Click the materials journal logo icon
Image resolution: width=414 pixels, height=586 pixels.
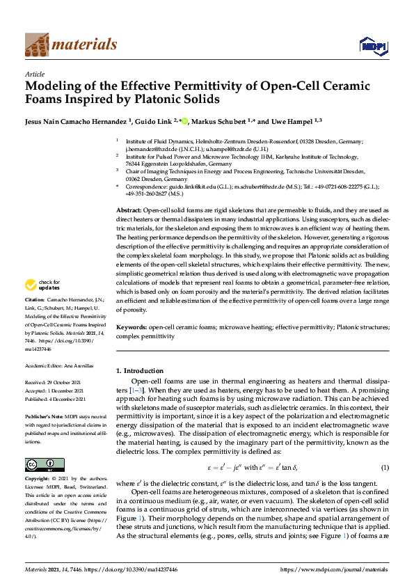[37, 44]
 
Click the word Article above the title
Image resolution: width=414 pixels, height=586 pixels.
[35, 74]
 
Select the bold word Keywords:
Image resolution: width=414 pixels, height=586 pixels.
[132, 326]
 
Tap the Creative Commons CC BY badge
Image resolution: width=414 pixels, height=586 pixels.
[44, 464]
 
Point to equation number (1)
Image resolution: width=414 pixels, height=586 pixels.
[383, 466]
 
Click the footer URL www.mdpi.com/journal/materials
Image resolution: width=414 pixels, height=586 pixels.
[338, 570]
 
